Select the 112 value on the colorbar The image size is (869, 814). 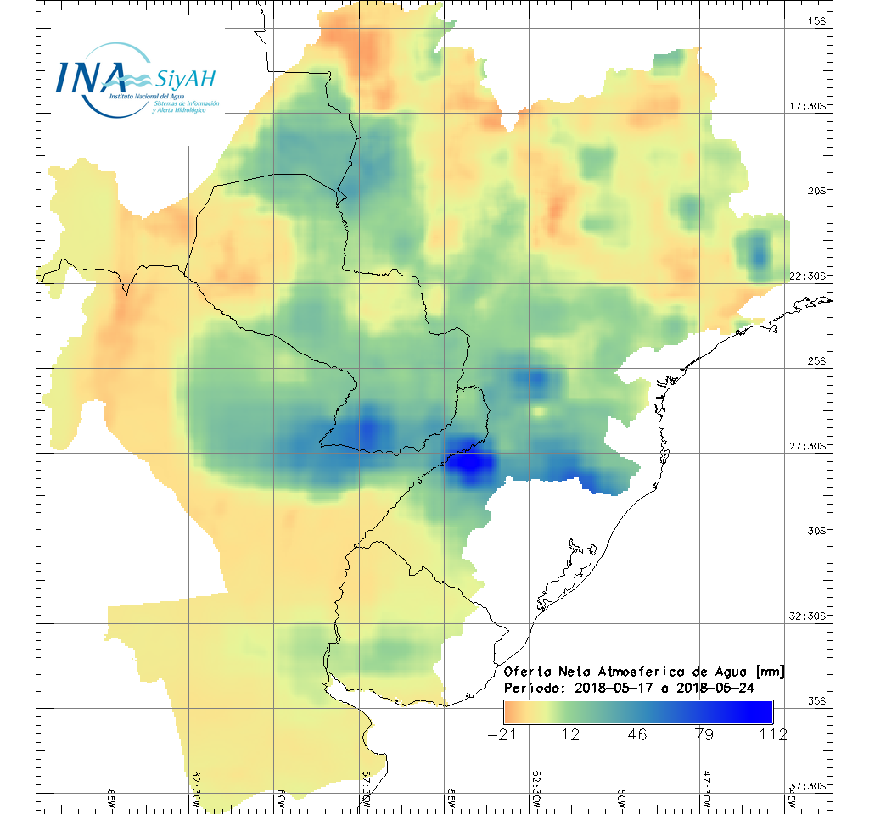point(772,734)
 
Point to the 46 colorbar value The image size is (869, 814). point(637,734)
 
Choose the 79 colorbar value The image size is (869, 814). point(704,734)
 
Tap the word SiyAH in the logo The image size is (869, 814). point(186,79)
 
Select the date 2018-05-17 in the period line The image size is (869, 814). point(608,688)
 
